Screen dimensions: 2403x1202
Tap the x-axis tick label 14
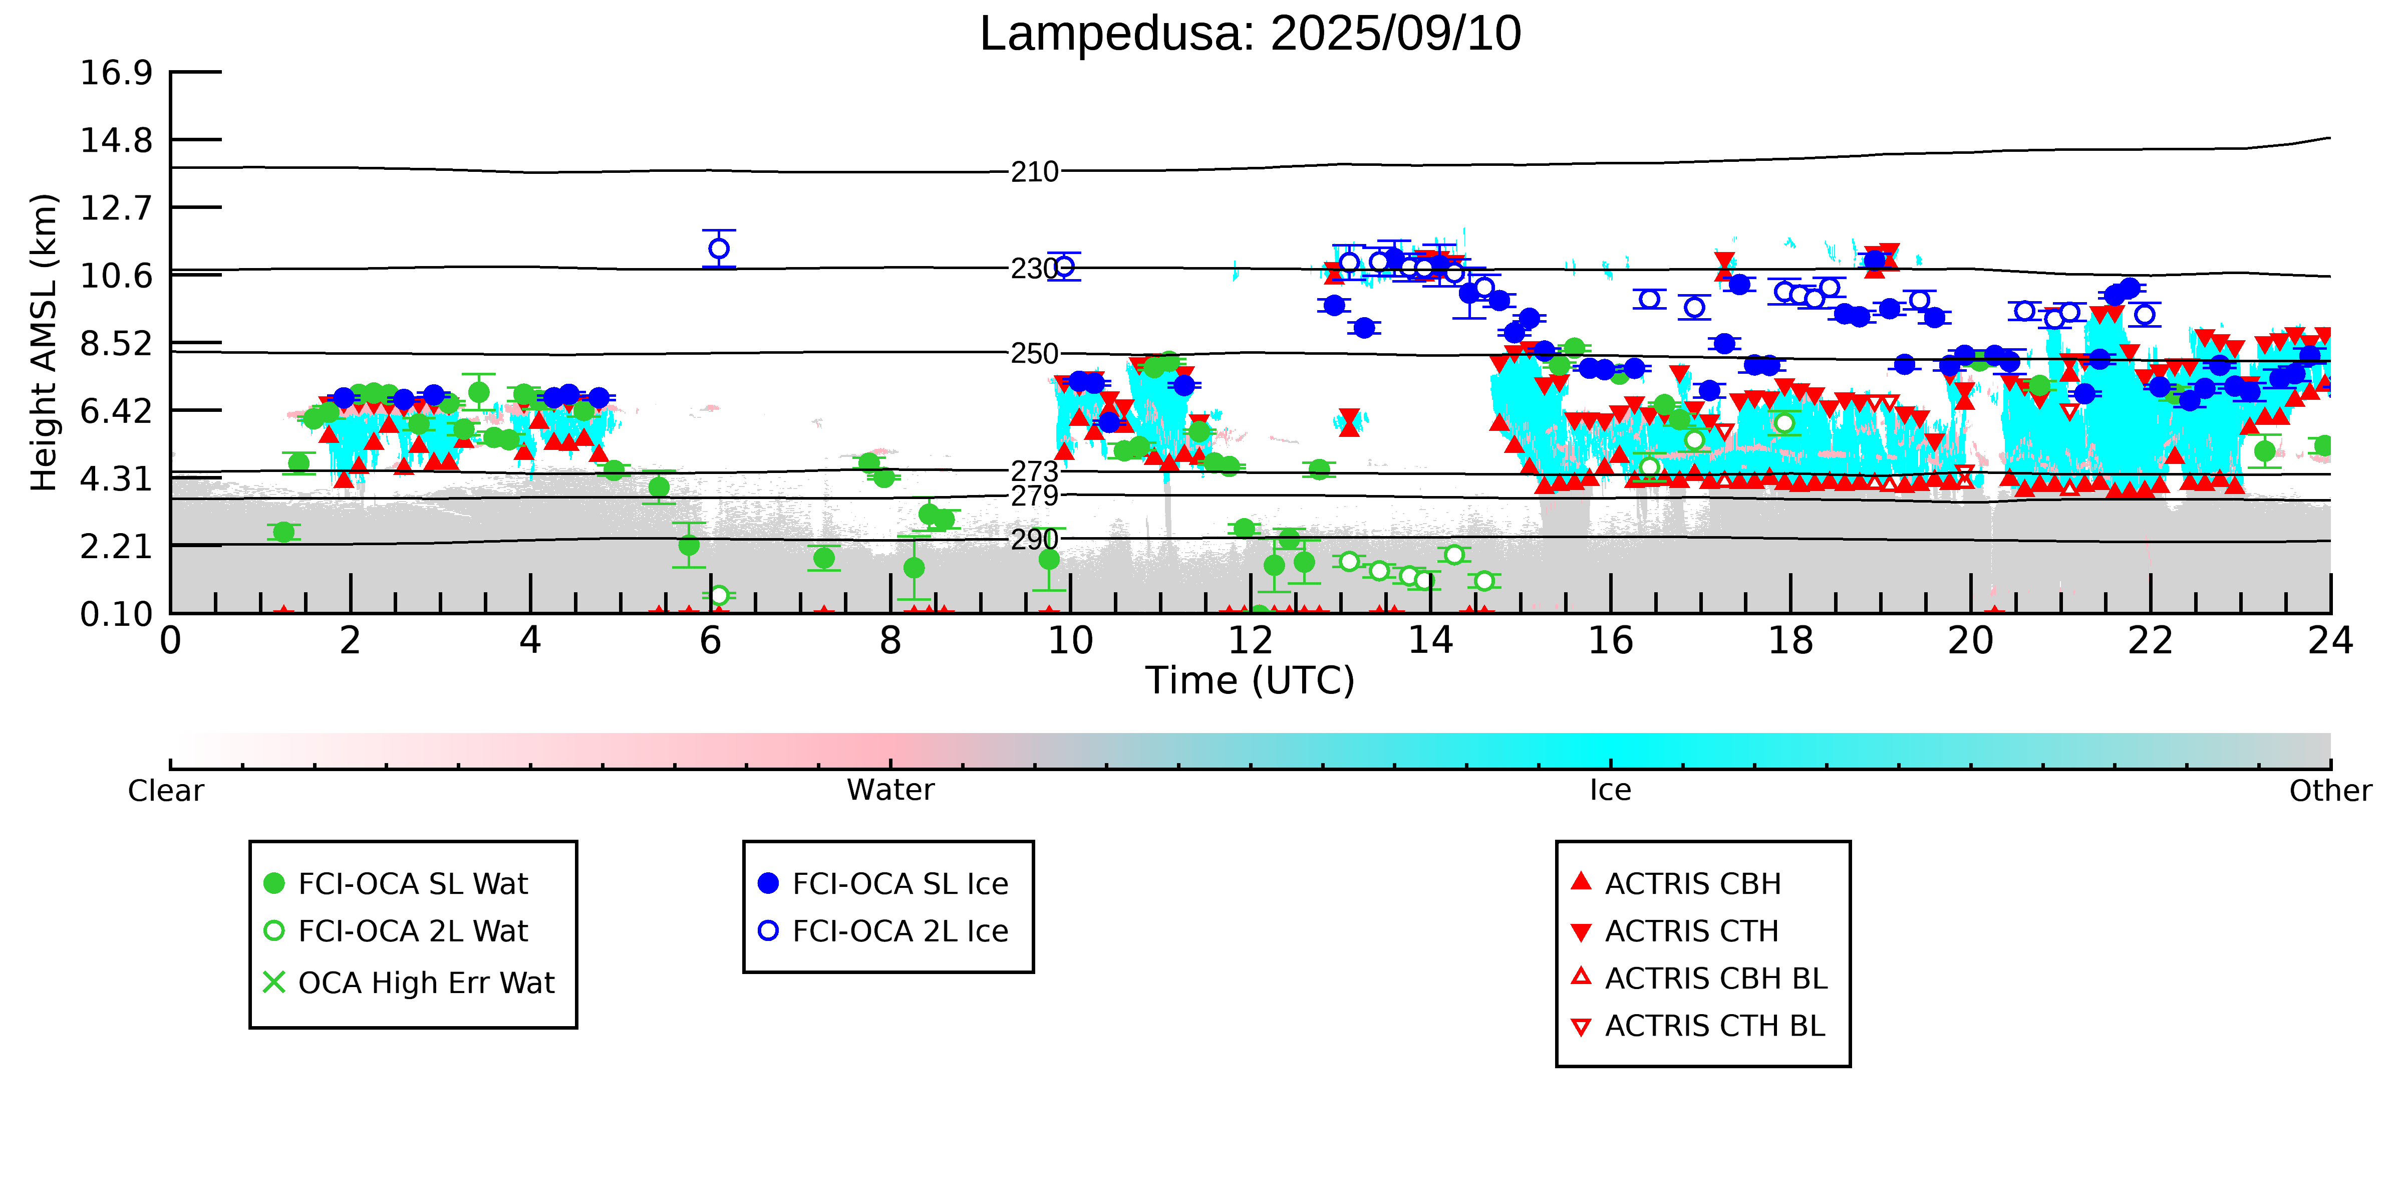tap(1430, 641)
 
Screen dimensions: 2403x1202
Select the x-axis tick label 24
tap(2330, 641)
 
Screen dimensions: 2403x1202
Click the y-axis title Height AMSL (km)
tap(44, 343)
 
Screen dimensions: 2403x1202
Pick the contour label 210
tap(1035, 172)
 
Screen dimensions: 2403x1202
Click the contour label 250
tap(1035, 354)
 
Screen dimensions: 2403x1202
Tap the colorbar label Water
tap(891, 791)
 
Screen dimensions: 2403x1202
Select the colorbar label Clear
tap(166, 791)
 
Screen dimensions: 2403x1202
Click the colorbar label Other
tap(2330, 791)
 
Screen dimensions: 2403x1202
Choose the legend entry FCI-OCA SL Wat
tap(397, 884)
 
